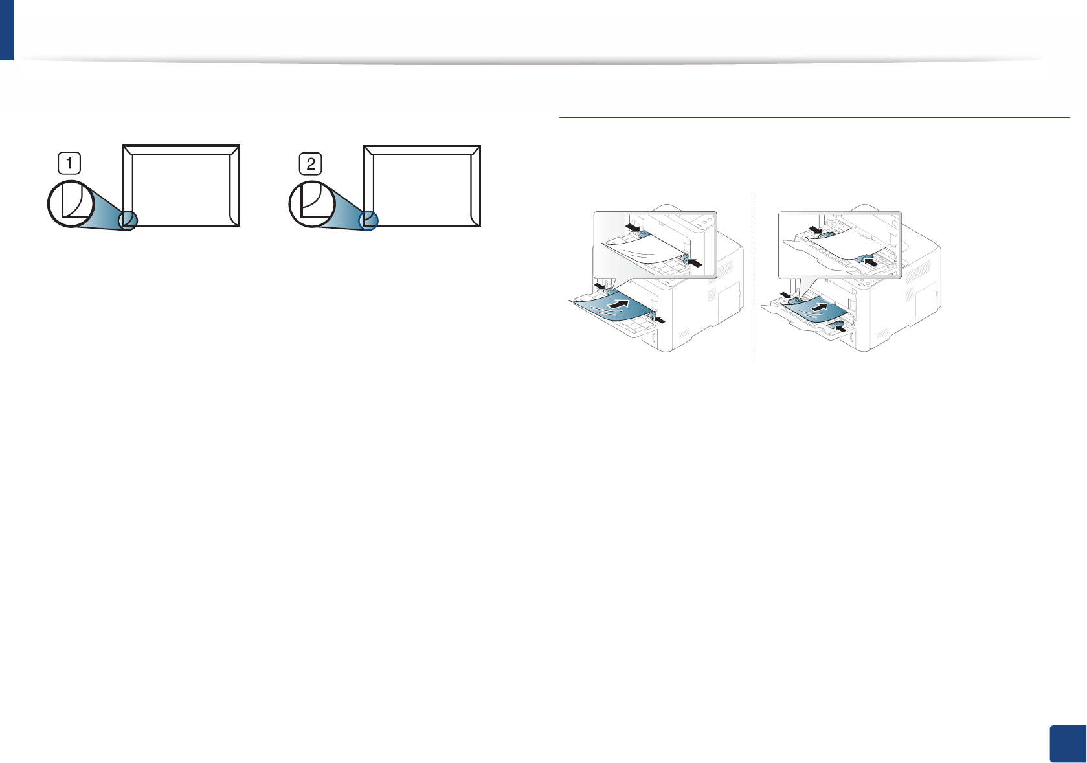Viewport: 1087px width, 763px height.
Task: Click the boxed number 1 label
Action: (69, 163)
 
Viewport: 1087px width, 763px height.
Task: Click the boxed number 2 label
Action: (311, 163)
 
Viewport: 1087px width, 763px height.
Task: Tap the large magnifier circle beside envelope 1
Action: (71, 203)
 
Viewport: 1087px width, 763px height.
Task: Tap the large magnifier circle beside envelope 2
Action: (311, 204)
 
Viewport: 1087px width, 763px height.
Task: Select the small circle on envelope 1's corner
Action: (128, 220)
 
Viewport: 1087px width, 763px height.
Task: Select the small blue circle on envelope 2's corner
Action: (368, 220)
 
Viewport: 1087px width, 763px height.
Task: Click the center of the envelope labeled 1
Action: (181, 185)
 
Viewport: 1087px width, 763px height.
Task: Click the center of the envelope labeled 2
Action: (422, 185)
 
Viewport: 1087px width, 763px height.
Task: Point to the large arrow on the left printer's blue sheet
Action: (619, 304)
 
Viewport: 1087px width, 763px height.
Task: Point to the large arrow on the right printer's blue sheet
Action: (820, 306)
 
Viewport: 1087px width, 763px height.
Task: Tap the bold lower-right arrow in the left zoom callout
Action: (695, 262)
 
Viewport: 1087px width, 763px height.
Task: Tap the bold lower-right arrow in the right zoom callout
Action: (872, 263)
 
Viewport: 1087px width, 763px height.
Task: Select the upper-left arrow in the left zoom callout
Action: (633, 227)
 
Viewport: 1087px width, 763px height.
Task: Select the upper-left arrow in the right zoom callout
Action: (814, 229)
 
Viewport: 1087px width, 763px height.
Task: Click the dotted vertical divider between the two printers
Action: (756, 279)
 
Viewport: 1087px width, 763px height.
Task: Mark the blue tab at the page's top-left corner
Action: (6, 29)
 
